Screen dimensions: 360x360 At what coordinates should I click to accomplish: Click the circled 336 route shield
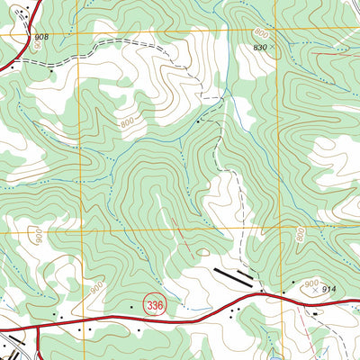(155, 306)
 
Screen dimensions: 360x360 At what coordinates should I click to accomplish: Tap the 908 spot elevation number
(42, 37)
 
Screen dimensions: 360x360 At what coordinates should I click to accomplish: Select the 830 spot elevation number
(261, 46)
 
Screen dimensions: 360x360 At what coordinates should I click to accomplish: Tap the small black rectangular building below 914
(314, 313)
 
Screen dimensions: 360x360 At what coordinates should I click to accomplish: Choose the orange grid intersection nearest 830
(274, 30)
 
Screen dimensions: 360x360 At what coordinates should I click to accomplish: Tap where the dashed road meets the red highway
(258, 293)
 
